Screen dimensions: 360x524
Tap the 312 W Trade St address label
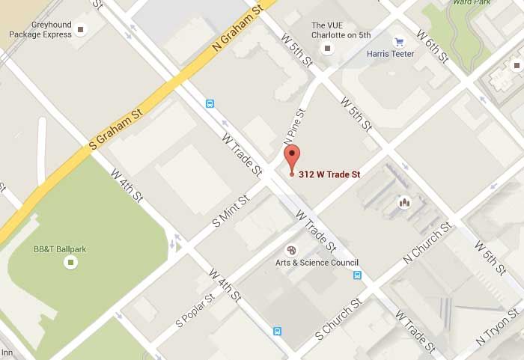coord(329,174)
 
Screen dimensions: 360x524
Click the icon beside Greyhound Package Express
coord(81,29)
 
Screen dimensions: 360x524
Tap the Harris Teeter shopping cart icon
coord(399,42)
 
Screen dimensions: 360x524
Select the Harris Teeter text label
coord(390,54)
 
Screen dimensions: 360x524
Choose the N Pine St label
coord(295,126)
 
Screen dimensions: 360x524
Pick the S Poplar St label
coord(195,311)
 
